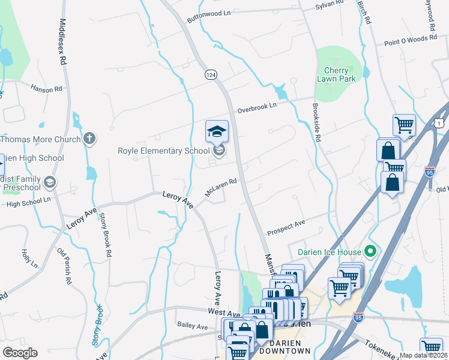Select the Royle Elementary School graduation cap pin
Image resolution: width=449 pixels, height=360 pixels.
(217, 130)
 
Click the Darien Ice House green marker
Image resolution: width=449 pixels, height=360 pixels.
(370, 251)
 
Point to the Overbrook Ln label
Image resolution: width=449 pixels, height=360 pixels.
(256, 107)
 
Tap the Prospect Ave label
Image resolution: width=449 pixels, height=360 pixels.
(286, 227)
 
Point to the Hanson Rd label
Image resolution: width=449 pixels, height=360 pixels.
(50, 88)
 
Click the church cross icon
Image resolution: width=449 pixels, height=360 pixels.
(89, 139)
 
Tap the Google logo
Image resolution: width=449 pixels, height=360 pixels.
(20, 353)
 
